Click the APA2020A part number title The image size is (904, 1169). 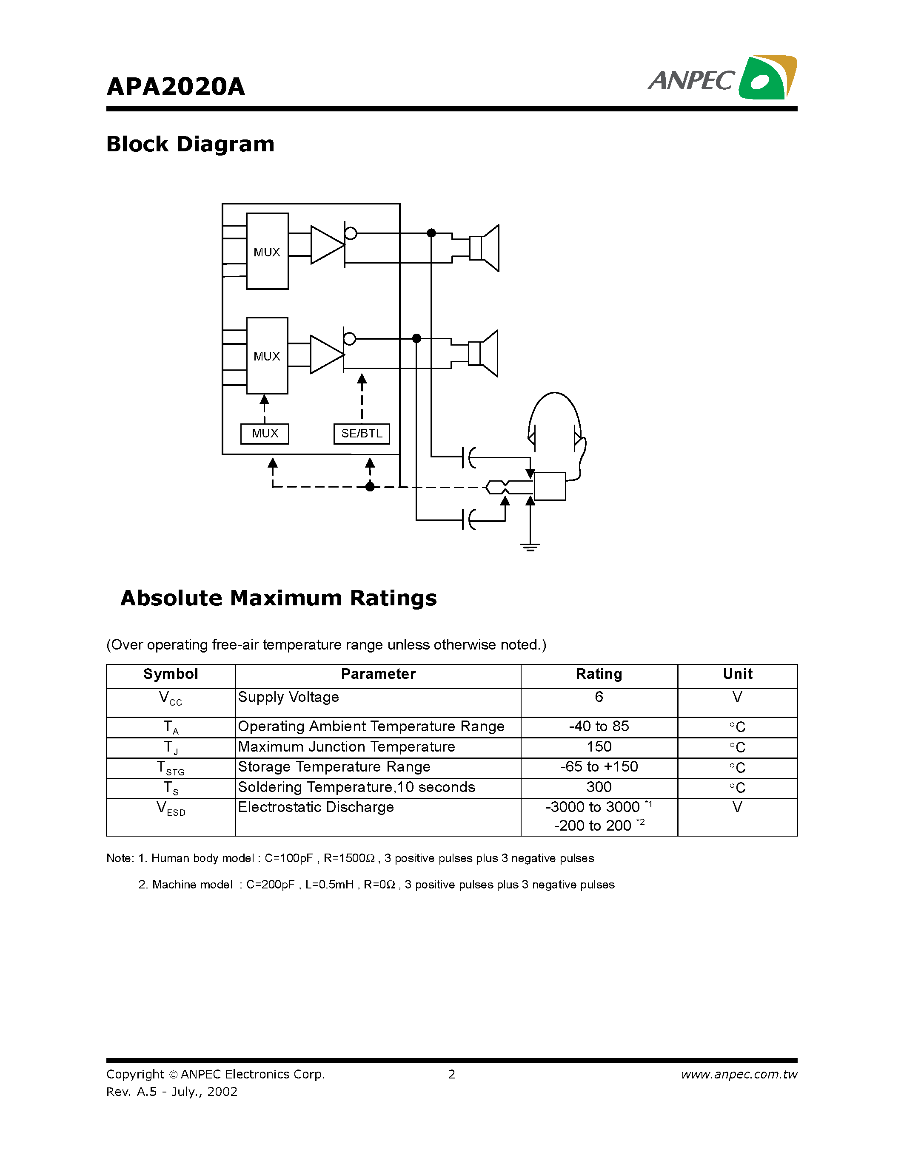(176, 87)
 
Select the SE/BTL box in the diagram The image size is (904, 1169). (362, 434)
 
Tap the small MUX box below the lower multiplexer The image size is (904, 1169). (265, 434)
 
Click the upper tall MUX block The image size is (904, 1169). (267, 251)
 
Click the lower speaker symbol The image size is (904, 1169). (484, 353)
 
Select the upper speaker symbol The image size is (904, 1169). (485, 248)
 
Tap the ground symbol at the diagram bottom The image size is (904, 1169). (530, 547)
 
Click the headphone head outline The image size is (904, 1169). (555, 423)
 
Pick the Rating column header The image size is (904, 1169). (599, 674)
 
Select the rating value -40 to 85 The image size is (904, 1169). (599, 726)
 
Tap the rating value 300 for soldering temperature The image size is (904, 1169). (599, 787)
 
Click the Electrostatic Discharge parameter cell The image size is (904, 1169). (316, 807)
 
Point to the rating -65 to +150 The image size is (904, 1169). (599, 767)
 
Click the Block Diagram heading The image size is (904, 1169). (190, 144)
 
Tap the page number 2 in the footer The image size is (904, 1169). (451, 1074)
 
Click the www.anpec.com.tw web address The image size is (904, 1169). (739, 1074)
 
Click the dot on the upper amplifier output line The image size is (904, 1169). (431, 233)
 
